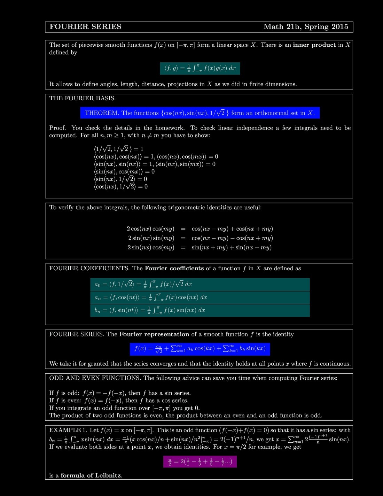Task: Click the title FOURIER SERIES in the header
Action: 85,27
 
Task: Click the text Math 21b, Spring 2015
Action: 306,27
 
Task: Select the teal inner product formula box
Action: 200,68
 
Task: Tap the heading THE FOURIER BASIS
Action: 83,98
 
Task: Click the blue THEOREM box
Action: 200,113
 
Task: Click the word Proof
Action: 57,128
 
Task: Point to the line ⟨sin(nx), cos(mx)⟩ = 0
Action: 124,171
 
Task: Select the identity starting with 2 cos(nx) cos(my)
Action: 200,229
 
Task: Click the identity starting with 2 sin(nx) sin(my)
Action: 200,238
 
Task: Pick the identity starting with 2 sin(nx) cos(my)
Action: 200,248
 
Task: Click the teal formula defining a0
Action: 200,284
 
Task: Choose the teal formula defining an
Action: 200,297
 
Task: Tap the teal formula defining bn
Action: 200,310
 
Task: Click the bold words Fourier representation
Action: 154,334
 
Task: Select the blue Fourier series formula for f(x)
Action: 200,349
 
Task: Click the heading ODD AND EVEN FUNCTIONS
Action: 95,378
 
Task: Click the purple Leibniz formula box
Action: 200,462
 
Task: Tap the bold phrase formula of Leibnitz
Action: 91,475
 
